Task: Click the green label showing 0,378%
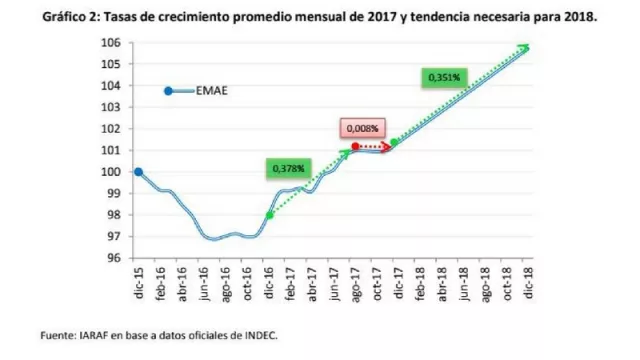[287, 169]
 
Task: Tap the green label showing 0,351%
[444, 77]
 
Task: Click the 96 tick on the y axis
[115, 257]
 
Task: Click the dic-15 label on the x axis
[137, 284]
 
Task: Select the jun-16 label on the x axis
[203, 284]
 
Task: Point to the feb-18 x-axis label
[421, 284]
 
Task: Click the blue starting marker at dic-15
[138, 172]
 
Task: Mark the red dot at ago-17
[356, 147]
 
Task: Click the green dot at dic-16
[269, 215]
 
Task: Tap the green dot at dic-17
[393, 143]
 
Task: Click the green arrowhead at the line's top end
[525, 46]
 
